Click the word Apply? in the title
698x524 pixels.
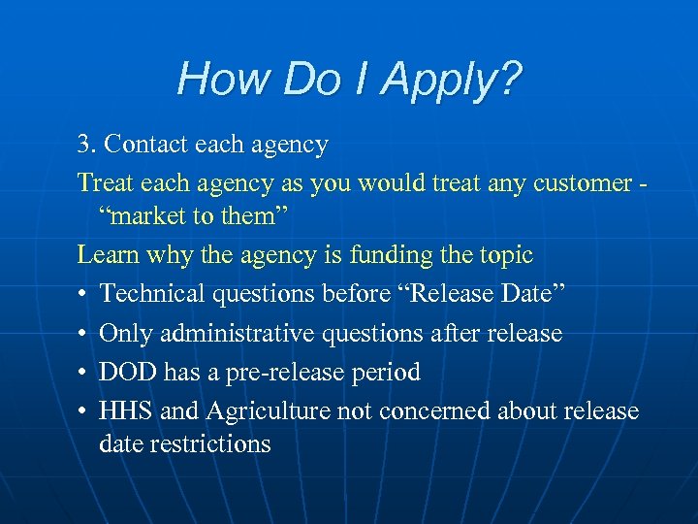click(452, 80)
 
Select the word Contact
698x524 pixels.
click(146, 146)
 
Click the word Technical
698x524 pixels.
click(157, 294)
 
